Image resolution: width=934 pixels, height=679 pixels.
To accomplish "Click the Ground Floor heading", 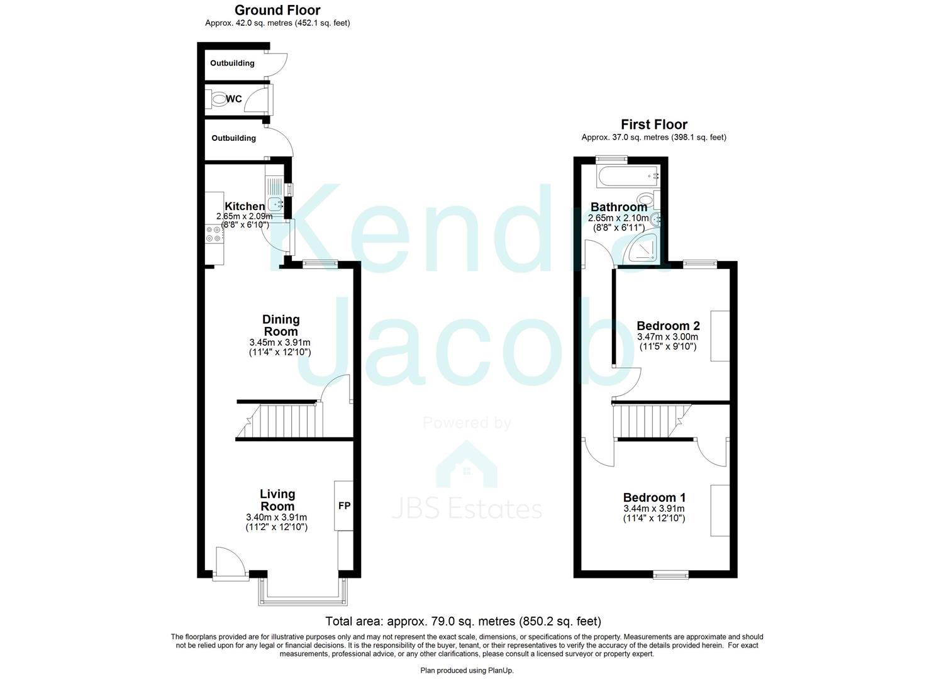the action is pos(277,10).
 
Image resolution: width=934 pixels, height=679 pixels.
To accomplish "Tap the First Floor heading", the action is pos(654,124).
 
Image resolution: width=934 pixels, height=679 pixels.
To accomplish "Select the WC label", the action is pos(234,99).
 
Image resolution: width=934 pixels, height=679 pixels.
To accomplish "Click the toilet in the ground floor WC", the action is pos(218,99).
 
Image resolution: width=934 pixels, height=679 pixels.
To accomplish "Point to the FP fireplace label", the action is pos(345,505).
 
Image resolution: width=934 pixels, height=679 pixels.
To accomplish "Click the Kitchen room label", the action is pos(245,206).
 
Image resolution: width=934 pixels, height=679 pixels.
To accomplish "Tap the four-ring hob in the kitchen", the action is pos(213,234).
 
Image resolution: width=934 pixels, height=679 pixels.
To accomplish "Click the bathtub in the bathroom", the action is pos(628,177).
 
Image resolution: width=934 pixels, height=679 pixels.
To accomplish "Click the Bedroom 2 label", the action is pos(668,326).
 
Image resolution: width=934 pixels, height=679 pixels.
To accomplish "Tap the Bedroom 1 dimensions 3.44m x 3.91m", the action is pos(654,509).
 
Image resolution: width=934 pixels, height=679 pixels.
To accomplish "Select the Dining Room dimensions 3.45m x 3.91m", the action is pos(280,342).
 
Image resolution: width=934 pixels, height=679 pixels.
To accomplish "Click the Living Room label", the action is pos(277,500).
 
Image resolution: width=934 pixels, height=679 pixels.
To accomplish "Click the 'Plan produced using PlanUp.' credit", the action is pos(467,671).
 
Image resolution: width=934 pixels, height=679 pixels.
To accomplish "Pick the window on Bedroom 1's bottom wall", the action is pos(671,575).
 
